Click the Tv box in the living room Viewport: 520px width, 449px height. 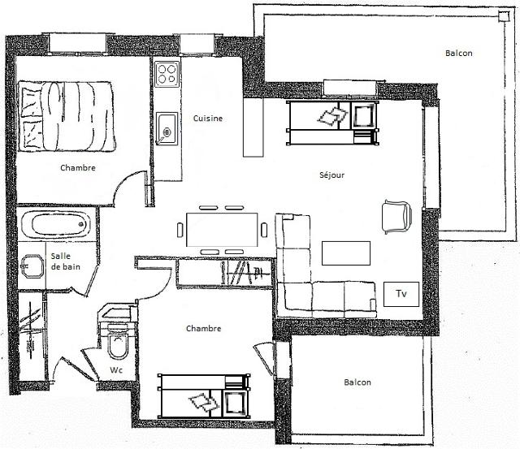tap(401, 294)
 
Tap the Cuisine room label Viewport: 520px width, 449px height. tap(208, 119)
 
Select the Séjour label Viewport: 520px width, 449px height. tap(331, 175)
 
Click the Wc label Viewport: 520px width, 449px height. tap(116, 370)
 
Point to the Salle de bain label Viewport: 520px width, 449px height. tap(65, 261)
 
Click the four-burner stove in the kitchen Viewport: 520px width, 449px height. tap(167, 74)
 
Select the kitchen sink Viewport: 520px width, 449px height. tap(167, 129)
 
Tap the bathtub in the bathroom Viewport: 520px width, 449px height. tap(56, 224)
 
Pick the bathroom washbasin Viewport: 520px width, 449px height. tap(32, 266)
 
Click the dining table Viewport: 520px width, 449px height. tap(222, 230)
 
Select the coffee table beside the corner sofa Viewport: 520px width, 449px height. tap(346, 253)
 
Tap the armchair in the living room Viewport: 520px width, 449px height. tap(396, 217)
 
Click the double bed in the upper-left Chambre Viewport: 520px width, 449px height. tap(67, 116)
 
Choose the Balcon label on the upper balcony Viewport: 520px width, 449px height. tap(458, 53)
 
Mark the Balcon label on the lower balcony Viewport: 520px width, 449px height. tap(357, 382)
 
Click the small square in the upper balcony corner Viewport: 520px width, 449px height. tap(504, 16)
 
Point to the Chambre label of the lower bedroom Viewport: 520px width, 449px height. tap(204, 328)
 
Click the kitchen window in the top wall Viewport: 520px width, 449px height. tap(197, 44)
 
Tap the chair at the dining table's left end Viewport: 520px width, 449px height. tap(180, 230)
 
